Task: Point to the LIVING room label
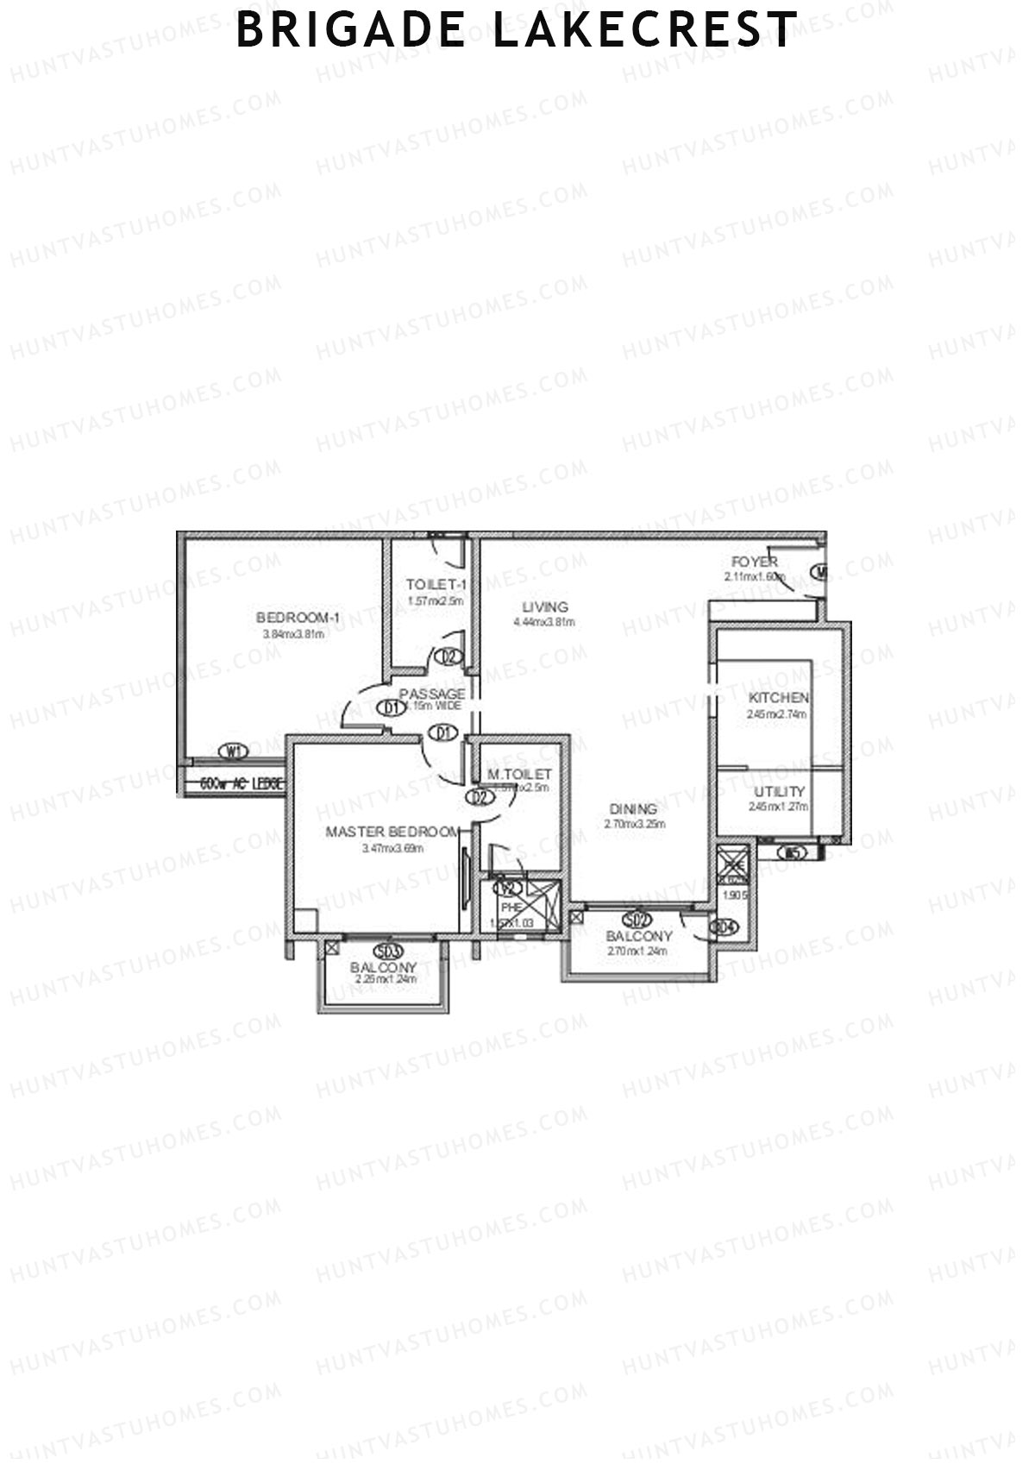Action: click(x=545, y=606)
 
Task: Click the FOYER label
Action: click(x=755, y=562)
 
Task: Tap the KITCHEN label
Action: click(x=778, y=698)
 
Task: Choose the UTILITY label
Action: click(x=779, y=791)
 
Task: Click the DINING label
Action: click(x=633, y=808)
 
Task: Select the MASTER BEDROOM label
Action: click(x=392, y=832)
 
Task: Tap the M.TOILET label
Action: click(x=518, y=774)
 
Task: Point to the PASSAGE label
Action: click(x=432, y=694)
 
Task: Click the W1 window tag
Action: click(x=234, y=751)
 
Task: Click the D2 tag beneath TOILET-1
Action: click(x=448, y=657)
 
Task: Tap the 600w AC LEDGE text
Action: click(x=241, y=784)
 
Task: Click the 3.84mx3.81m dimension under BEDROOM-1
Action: click(x=293, y=635)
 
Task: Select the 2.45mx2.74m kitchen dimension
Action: click(x=777, y=714)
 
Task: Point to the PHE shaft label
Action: click(x=511, y=908)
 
